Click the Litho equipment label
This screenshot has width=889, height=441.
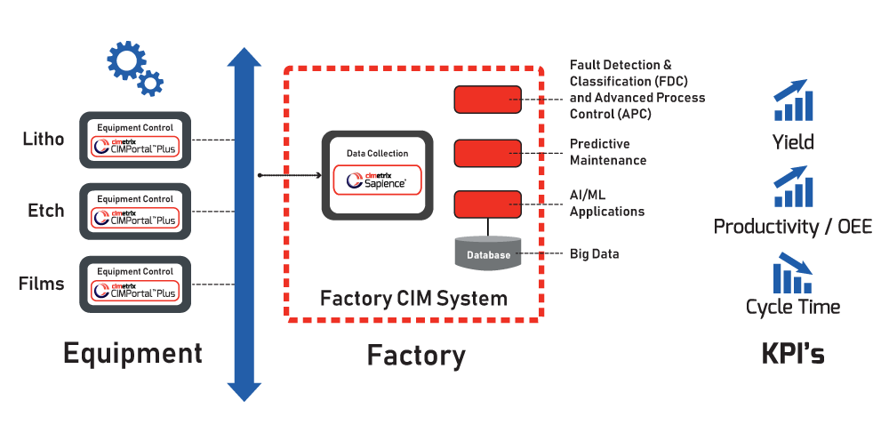(x=43, y=140)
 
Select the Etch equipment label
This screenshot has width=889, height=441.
(x=45, y=211)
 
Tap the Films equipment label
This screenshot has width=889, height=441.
(x=43, y=284)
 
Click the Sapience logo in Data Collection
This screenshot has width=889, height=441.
(x=377, y=180)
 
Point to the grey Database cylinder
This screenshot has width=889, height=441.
(x=487, y=253)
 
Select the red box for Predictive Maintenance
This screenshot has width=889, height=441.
(x=487, y=153)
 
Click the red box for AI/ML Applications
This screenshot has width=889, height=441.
(x=487, y=204)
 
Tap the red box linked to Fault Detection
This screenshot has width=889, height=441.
(x=487, y=100)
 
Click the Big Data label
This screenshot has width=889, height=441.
(x=594, y=254)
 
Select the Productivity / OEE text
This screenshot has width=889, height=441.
(x=792, y=227)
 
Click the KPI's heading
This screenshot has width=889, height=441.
(x=792, y=354)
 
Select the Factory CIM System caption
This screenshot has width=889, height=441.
(x=413, y=298)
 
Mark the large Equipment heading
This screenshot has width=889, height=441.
(x=132, y=354)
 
